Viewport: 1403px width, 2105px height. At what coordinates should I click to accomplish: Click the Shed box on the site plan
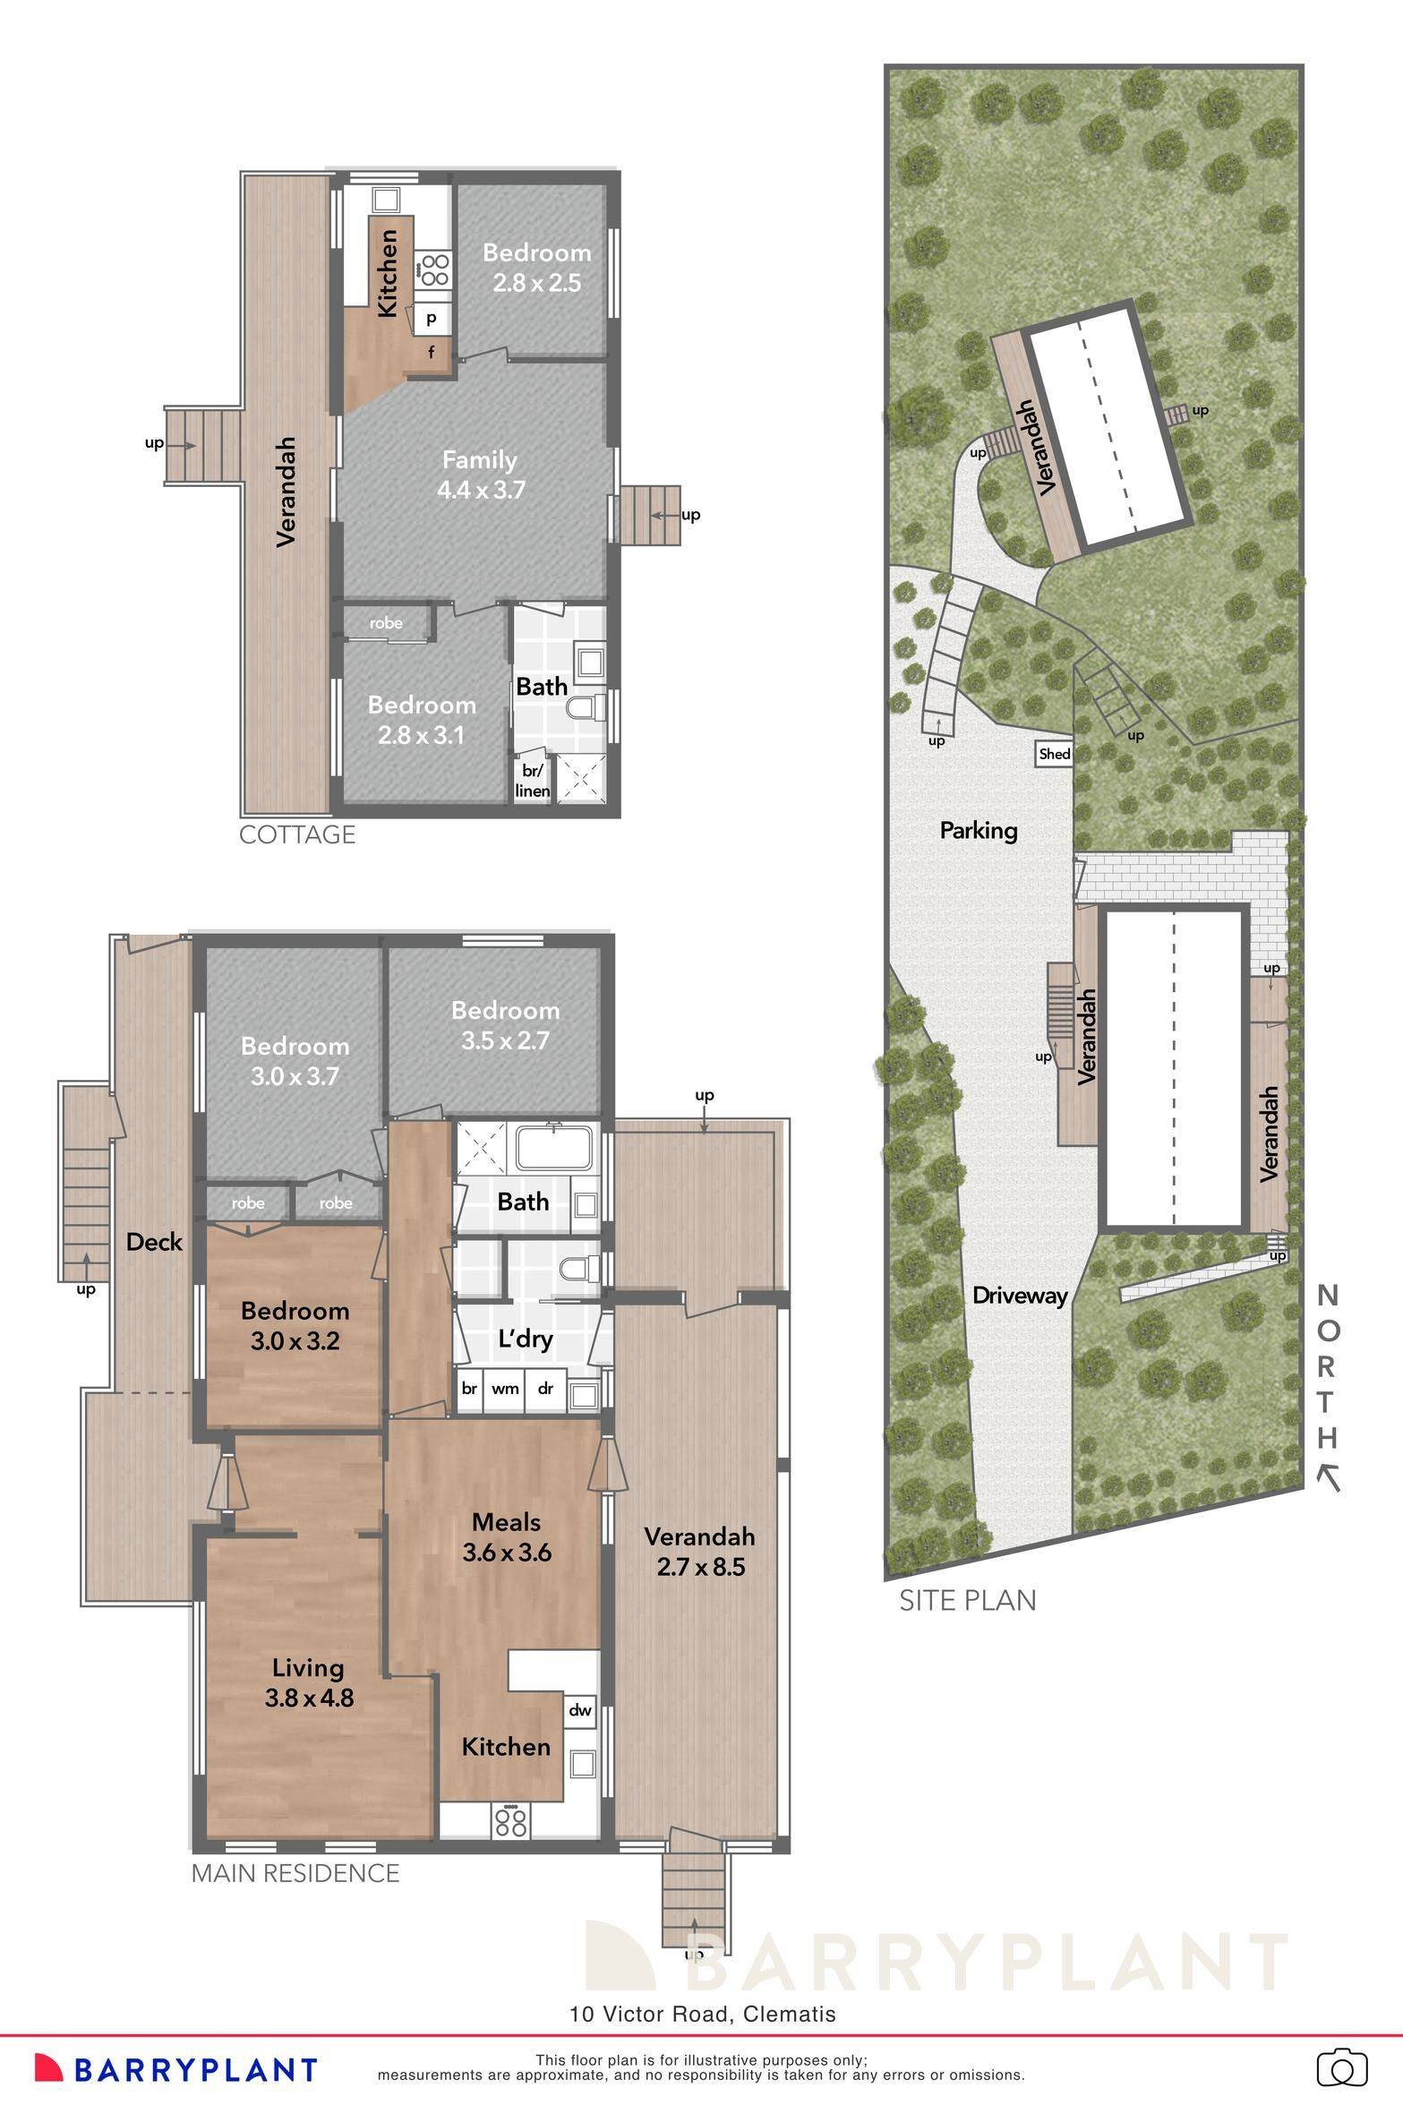(1054, 754)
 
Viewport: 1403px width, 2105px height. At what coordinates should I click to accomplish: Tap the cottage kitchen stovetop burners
(434, 270)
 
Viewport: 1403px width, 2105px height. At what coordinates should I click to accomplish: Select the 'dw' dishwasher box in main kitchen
(580, 1710)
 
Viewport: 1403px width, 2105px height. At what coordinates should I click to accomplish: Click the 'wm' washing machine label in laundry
(505, 1389)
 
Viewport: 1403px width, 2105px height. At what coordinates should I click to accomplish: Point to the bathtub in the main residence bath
(554, 1148)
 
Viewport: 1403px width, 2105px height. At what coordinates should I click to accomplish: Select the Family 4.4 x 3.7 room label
(480, 475)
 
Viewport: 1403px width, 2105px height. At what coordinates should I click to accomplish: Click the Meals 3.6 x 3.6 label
(507, 1536)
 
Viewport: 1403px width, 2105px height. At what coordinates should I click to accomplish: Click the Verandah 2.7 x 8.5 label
(699, 1551)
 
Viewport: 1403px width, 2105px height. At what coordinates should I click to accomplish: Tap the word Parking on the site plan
(979, 830)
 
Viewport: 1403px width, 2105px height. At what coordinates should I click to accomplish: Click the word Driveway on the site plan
(1020, 1296)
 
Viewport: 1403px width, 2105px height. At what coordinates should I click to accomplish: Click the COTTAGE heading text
(297, 834)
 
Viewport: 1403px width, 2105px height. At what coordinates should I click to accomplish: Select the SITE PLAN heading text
(968, 1600)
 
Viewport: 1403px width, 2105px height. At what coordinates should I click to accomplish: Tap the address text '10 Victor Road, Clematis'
(703, 2015)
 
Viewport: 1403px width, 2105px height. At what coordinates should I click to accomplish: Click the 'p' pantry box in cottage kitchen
(432, 317)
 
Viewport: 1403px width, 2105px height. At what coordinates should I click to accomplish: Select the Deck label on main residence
(154, 1242)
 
